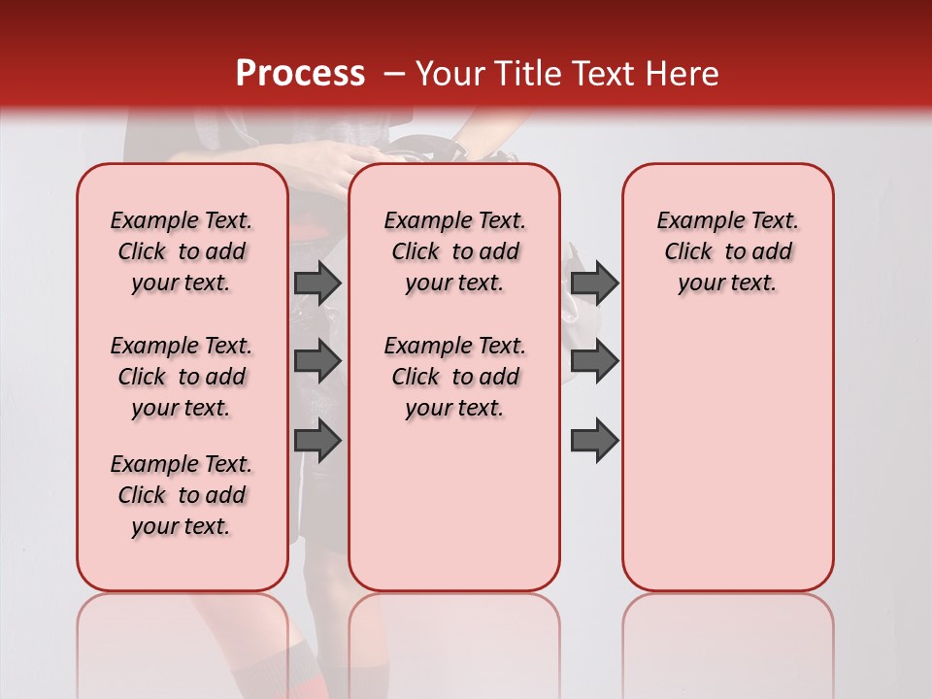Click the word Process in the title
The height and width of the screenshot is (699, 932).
pyautogui.click(x=300, y=74)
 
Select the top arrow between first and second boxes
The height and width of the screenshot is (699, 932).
pyautogui.click(x=317, y=283)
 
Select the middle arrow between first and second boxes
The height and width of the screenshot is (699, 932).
pyautogui.click(x=317, y=361)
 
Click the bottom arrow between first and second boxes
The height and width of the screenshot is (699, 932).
pyautogui.click(x=317, y=442)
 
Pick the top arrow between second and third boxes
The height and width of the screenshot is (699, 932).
pyautogui.click(x=594, y=283)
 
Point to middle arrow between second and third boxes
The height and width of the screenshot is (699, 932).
pyautogui.click(x=594, y=361)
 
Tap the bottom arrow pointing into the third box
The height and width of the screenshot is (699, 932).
pyautogui.click(x=594, y=442)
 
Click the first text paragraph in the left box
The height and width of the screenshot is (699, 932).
pyautogui.click(x=182, y=251)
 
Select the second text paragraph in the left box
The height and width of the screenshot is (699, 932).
pyautogui.click(x=182, y=377)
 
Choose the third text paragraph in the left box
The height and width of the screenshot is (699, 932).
pyautogui.click(x=182, y=495)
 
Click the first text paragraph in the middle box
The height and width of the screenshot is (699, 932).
pyautogui.click(x=454, y=251)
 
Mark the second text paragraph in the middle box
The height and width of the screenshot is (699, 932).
pyautogui.click(x=454, y=377)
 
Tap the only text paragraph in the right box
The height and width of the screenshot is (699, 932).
pyautogui.click(x=727, y=251)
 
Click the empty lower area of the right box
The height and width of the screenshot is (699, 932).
pyautogui.click(x=727, y=466)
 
